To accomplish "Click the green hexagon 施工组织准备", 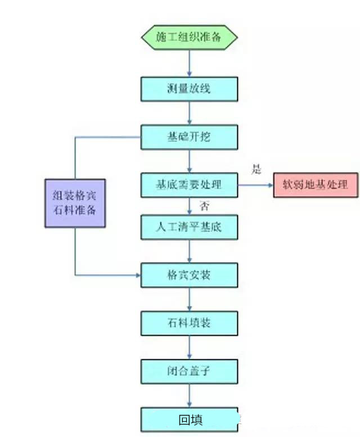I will (189, 38).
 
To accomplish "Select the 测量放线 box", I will (189, 88).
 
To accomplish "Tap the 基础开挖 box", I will (189, 137).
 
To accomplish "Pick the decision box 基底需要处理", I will (189, 184).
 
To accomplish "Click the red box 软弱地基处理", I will (316, 184).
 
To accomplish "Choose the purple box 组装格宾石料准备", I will (75, 202).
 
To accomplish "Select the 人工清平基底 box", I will (189, 228).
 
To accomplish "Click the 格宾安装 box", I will (189, 276).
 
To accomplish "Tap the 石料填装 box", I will (189, 323).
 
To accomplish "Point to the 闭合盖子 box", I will (189, 371).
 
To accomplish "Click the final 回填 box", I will (189, 420).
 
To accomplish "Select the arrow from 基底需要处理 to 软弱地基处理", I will (255, 184).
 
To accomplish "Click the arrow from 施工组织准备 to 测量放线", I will (189, 63).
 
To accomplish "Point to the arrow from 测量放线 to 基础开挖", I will (189, 112).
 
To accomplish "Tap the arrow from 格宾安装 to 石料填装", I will (189, 299).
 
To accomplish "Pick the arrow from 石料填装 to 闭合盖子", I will (189, 347).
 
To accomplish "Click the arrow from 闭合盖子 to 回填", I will (189, 395).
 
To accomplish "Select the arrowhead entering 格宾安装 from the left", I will (137, 276).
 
